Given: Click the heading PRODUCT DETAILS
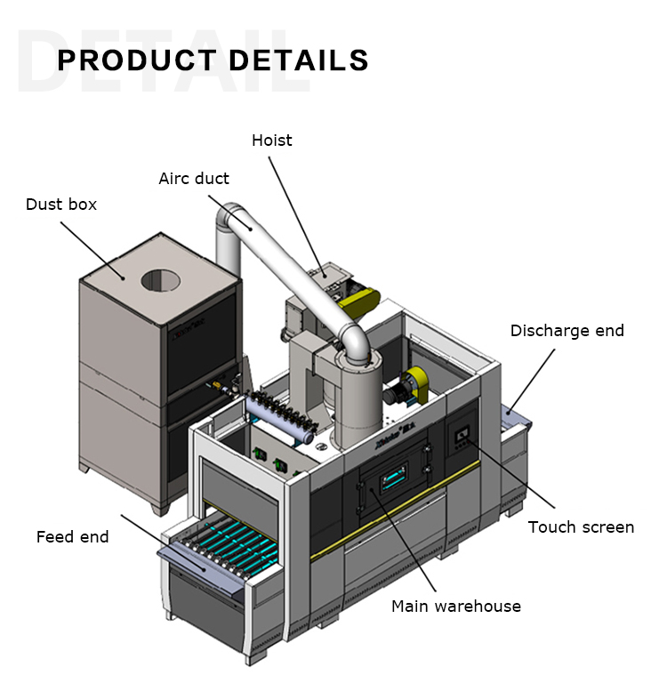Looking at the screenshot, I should point(213,60).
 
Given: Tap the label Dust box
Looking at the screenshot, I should point(61,205).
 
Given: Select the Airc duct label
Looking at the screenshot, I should point(194,179).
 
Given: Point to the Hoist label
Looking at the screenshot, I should point(271,141).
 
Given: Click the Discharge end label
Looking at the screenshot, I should point(567,331).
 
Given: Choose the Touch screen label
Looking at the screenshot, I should point(581,527).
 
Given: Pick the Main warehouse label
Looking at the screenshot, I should point(456,607).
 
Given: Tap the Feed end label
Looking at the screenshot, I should point(72,537).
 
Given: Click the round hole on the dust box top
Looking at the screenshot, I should point(160,281).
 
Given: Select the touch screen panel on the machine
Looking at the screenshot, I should point(462,435).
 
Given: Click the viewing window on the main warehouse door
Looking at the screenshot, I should point(393,478).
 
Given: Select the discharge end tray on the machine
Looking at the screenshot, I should point(515,418).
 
